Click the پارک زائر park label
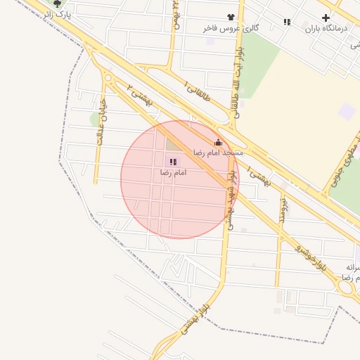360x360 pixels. (x=57, y=14)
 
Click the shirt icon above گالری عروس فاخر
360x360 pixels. (x=231, y=16)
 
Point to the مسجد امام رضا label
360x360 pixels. (x=218, y=152)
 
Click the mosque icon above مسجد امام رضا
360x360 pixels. (x=218, y=142)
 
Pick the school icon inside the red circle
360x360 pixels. (x=174, y=162)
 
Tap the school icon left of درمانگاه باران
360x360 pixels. (x=287, y=22)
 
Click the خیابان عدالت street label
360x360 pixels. (x=101, y=121)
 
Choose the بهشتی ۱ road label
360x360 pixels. (x=259, y=176)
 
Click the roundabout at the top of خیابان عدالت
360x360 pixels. (x=107, y=77)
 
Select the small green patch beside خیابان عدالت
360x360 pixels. (x=94, y=120)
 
